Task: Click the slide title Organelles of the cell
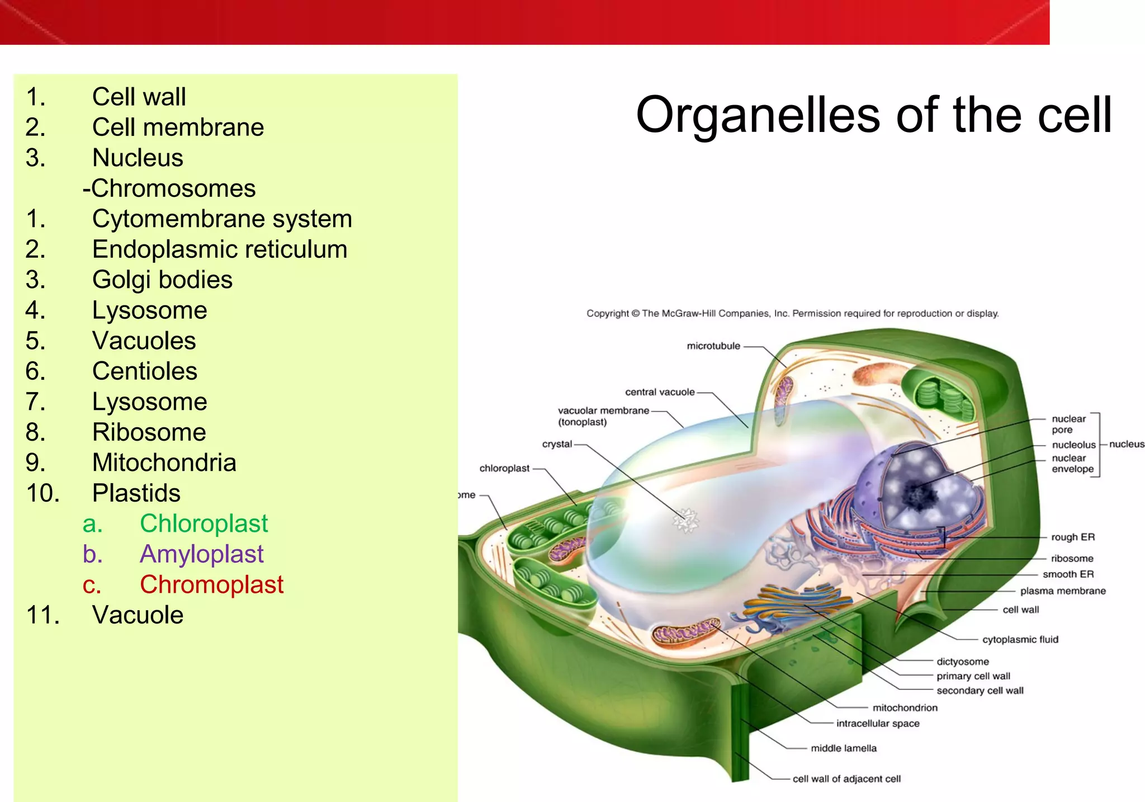[x=873, y=115]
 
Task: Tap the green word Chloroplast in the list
[x=204, y=523]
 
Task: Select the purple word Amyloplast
[x=201, y=554]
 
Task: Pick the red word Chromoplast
[x=211, y=584]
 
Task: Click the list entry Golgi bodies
[x=162, y=280]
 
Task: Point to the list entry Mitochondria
[x=164, y=463]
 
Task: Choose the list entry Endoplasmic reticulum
[x=220, y=249]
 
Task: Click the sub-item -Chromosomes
[x=169, y=188]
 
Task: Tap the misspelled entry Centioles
[x=144, y=371]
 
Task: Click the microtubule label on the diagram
[x=713, y=346]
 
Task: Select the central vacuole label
[x=660, y=392]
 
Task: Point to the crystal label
[x=557, y=444]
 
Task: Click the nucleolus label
[x=1073, y=445]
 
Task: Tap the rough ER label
[x=1072, y=537]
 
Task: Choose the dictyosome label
[x=963, y=662]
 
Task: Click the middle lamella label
[x=844, y=748]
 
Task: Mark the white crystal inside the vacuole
[x=685, y=520]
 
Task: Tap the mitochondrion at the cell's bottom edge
[x=686, y=632]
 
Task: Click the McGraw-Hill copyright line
[x=792, y=313]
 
